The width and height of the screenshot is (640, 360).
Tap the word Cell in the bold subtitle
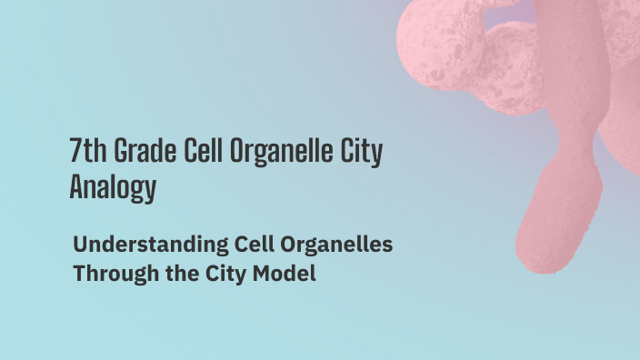tap(232, 245)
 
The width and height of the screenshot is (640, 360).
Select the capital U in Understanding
tap(81, 245)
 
